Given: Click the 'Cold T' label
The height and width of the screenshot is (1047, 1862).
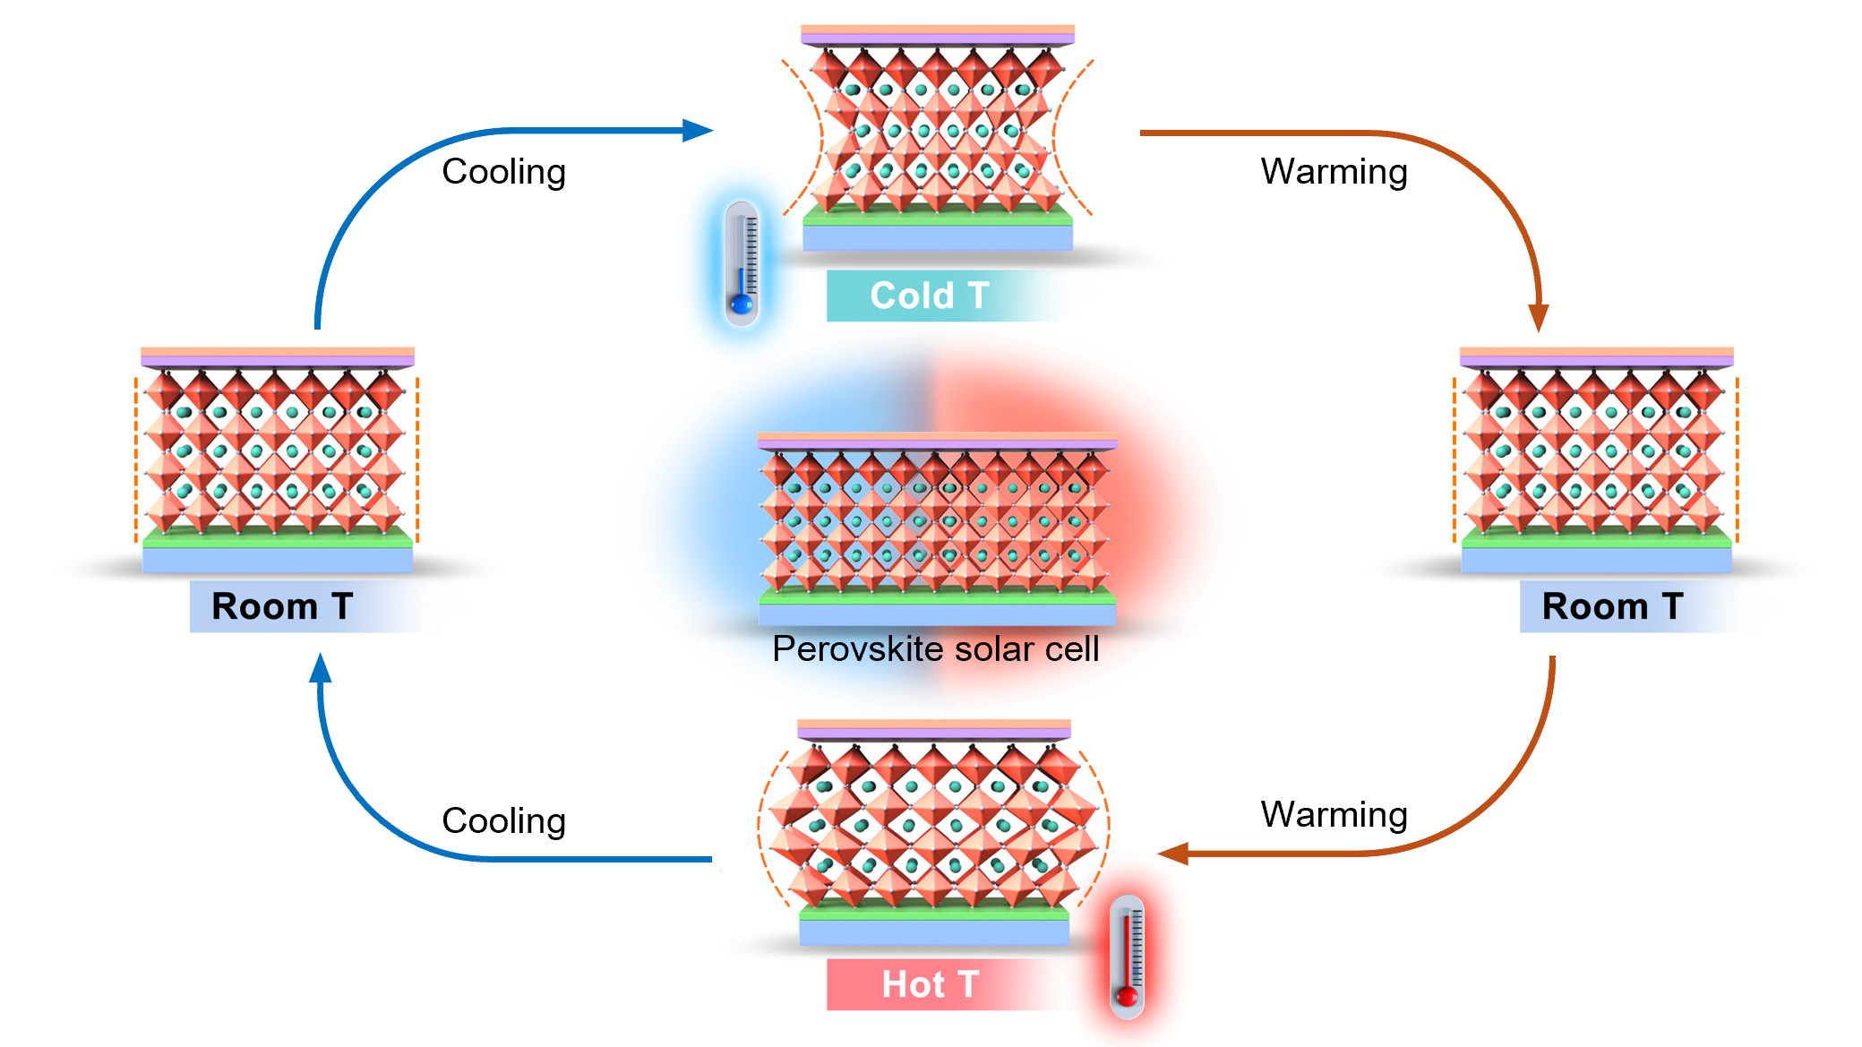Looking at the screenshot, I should [x=929, y=296].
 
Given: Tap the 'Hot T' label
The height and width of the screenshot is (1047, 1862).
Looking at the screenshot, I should [x=929, y=984].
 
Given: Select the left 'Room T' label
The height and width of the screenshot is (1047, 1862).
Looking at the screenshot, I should [x=281, y=606].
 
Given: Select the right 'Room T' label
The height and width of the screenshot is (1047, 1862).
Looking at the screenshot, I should [x=1611, y=606].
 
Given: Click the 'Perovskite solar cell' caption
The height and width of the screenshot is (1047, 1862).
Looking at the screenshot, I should [x=935, y=649].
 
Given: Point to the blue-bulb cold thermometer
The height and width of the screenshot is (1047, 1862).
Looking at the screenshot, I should [x=742, y=264].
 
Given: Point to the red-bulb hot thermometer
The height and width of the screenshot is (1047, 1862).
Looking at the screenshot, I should [x=1127, y=957].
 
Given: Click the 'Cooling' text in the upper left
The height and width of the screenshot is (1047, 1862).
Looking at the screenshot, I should [x=503, y=171].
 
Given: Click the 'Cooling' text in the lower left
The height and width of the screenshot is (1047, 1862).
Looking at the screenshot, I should [x=503, y=820].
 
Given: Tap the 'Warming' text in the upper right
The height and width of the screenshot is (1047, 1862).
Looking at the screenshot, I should [x=1334, y=171].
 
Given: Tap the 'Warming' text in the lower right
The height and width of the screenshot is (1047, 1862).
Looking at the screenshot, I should [x=1334, y=814].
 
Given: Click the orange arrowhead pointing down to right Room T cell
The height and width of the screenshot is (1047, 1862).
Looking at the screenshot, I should [x=1539, y=317].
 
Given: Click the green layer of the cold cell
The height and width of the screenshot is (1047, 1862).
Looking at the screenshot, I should [x=938, y=216].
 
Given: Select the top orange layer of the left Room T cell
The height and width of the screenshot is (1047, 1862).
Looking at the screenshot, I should [x=278, y=352].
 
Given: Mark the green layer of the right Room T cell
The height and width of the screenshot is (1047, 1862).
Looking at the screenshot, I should [x=1596, y=539].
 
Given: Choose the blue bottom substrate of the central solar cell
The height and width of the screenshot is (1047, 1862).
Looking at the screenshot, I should [x=937, y=614].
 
